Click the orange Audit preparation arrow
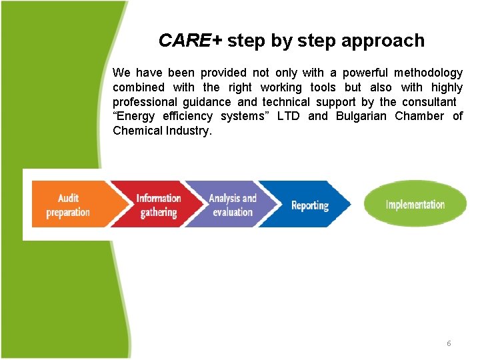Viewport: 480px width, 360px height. tap(67, 205)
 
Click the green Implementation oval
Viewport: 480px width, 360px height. tap(415, 205)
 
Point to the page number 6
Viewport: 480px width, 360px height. tap(449, 343)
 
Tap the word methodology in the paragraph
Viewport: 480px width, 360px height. tap(428, 73)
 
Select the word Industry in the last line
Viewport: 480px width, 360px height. tap(191, 131)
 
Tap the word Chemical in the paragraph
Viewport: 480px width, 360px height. tap(136, 131)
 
